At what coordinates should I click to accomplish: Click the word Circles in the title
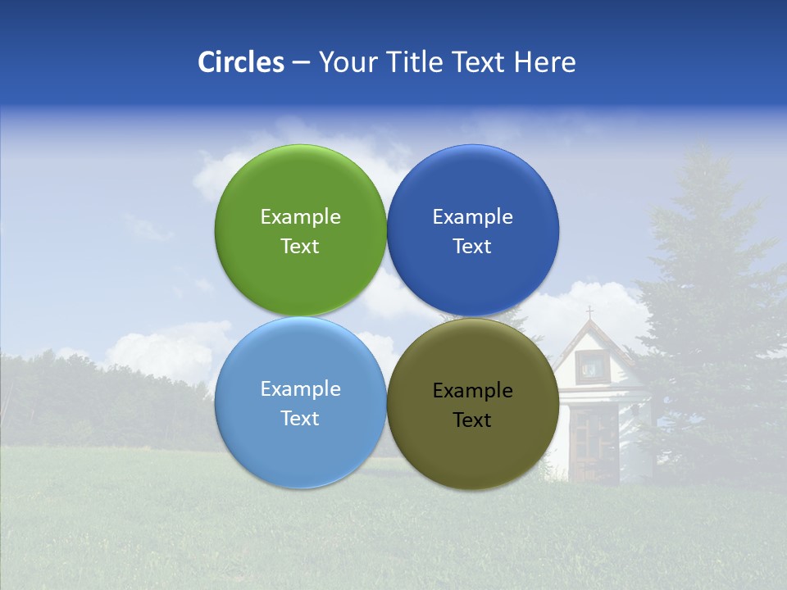point(240,62)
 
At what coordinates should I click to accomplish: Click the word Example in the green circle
point(300,216)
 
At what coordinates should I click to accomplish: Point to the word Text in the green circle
point(300,246)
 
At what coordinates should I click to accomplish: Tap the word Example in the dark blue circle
point(473,216)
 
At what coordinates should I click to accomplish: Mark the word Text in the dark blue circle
point(473,246)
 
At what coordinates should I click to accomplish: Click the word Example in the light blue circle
point(300,388)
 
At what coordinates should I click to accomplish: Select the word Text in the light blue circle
point(300,418)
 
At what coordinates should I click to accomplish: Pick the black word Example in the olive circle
point(473,390)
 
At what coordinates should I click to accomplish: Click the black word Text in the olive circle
point(473,420)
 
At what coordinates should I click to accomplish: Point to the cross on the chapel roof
point(589,312)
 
